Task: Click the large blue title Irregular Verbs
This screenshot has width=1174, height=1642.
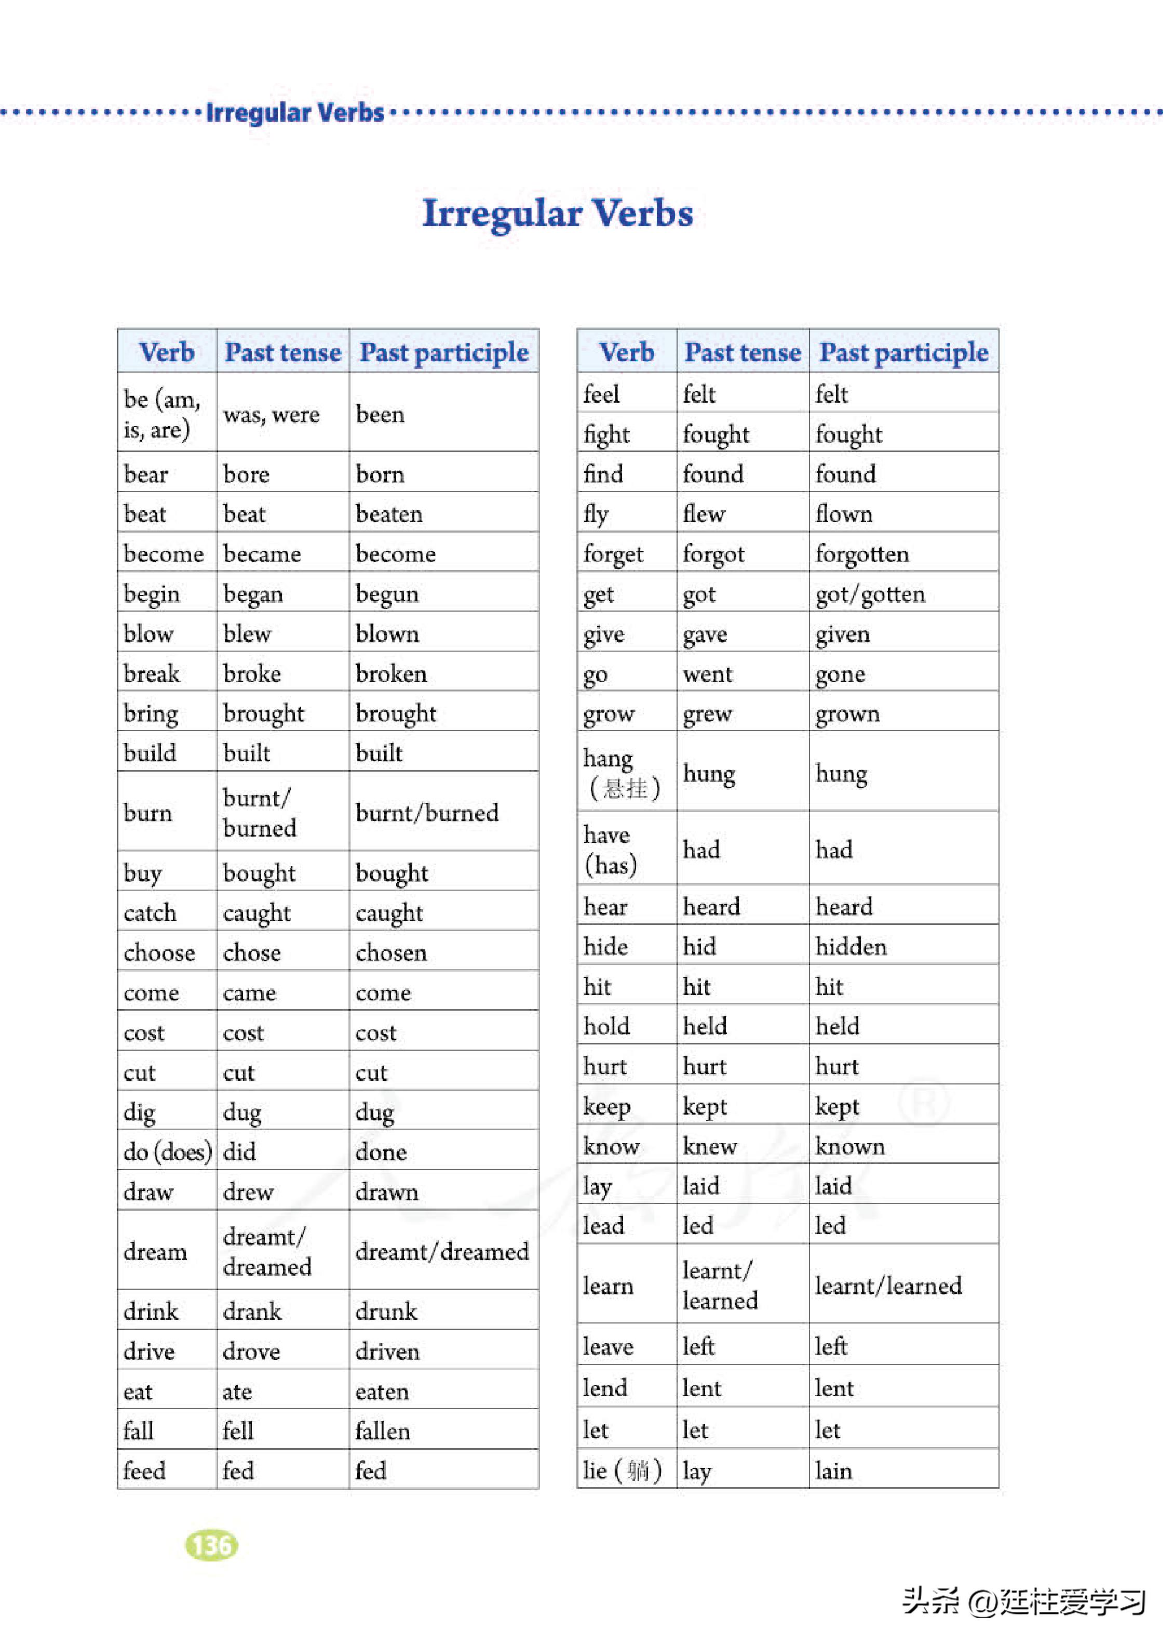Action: (x=557, y=214)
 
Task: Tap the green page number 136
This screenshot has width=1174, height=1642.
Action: (x=211, y=1546)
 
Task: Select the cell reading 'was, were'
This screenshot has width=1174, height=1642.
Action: (x=271, y=415)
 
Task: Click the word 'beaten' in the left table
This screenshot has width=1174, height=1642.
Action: (x=389, y=514)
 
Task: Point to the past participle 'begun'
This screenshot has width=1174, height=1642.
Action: (x=387, y=594)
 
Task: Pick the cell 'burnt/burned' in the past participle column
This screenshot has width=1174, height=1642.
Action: (x=426, y=813)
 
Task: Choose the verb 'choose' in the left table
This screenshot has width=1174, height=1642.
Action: (x=159, y=952)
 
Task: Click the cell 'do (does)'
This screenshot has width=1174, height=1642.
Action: (x=168, y=1151)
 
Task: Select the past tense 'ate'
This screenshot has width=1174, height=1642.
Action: (x=237, y=1392)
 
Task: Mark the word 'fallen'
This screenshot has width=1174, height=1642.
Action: (x=382, y=1432)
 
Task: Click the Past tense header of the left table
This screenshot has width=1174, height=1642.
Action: (x=282, y=352)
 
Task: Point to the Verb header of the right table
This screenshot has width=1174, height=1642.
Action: (x=627, y=352)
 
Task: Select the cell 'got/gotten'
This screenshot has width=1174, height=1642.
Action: (x=870, y=594)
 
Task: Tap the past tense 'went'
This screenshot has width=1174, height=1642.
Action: (x=708, y=674)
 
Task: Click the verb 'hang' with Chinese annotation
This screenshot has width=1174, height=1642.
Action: (x=622, y=773)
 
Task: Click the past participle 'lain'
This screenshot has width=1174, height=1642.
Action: (x=833, y=1471)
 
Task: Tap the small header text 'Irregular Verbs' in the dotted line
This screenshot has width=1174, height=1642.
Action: (x=295, y=113)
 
